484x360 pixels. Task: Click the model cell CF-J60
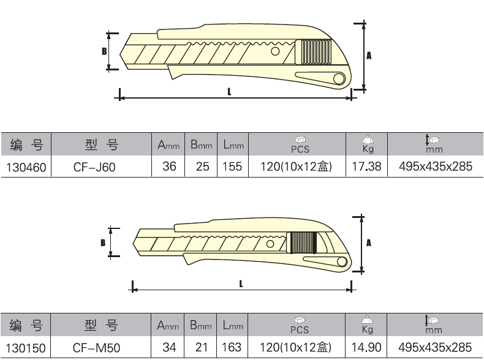pos(94,167)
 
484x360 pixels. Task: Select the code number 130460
pos(26,168)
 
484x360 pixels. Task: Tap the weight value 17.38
pos(367,167)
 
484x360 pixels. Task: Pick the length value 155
pos(232,167)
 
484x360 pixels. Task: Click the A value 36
pos(169,167)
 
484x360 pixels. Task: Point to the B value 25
pos(203,167)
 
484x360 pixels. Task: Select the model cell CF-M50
pos(96,348)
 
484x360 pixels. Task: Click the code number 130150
pos(26,348)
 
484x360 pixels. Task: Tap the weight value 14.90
pos(366,347)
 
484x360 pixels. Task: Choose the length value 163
pos(232,347)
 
